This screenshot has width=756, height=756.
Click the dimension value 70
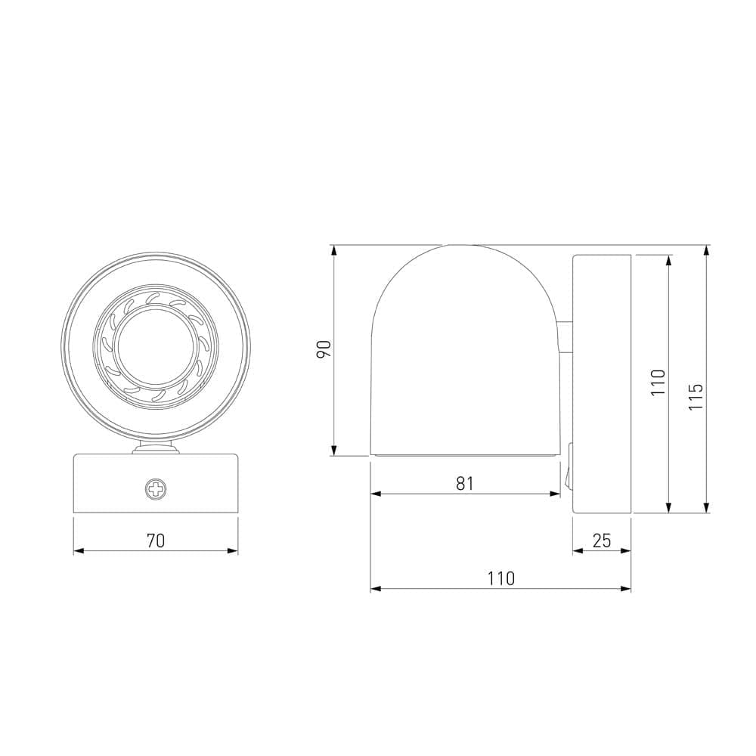click(x=156, y=541)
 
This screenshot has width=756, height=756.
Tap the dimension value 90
click(x=324, y=349)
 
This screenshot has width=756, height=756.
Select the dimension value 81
click(x=464, y=483)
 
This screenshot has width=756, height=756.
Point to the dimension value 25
click(x=602, y=541)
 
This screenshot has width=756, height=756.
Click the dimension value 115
click(x=696, y=397)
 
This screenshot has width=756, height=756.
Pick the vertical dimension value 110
click(x=658, y=383)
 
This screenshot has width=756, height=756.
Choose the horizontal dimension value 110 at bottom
click(x=500, y=578)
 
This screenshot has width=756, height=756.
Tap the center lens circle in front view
click(x=156, y=347)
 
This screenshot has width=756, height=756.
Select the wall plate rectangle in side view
click(x=602, y=384)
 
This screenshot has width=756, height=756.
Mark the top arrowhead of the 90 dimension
click(x=333, y=250)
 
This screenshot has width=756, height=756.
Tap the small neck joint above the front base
click(x=156, y=450)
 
